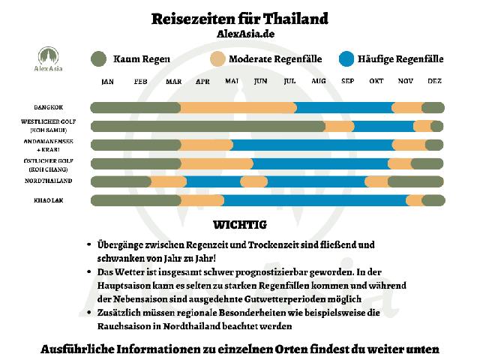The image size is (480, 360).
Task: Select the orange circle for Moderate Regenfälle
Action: point(217,58)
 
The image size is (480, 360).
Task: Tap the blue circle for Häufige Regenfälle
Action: point(346,58)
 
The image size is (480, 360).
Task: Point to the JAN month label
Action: point(107,81)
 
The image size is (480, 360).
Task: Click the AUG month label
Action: point(318,81)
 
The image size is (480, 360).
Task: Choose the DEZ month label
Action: point(434,81)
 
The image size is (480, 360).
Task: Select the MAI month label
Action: point(232,81)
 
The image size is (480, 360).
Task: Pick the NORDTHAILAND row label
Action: point(49,181)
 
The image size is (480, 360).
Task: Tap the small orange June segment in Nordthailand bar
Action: point(253,181)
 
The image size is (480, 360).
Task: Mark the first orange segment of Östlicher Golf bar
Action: point(216,163)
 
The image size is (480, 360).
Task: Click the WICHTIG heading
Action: point(240,224)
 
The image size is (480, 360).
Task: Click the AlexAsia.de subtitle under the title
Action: point(239,34)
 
